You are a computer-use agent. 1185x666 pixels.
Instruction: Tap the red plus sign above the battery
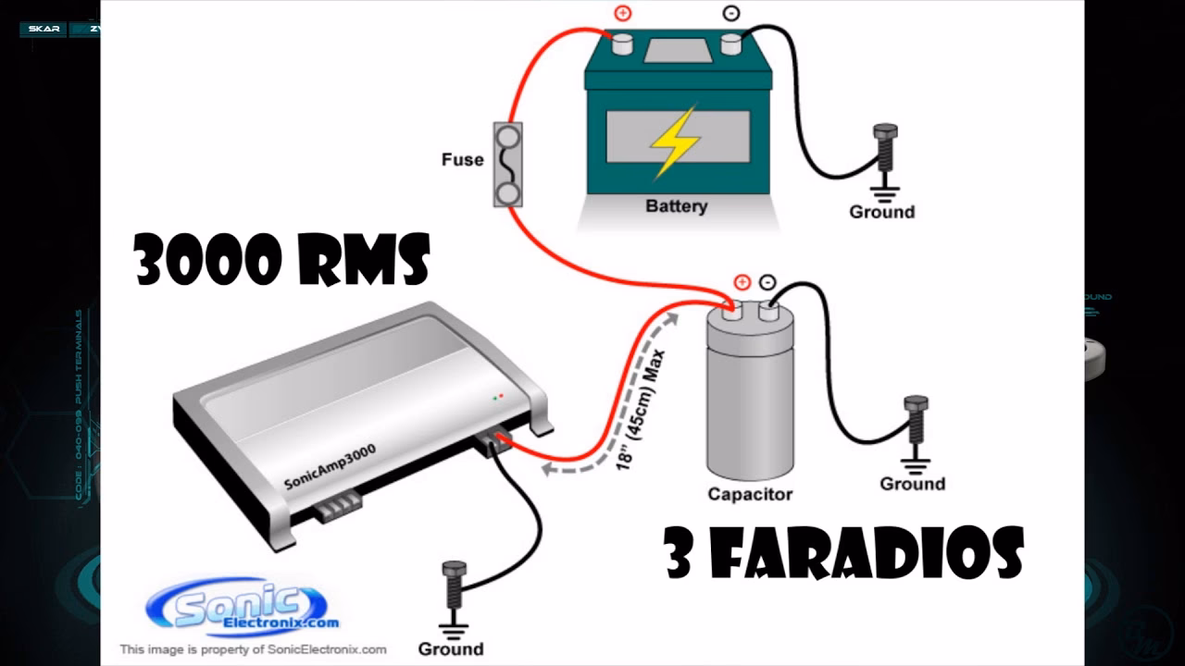pyautogui.click(x=621, y=14)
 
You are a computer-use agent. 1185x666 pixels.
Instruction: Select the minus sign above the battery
pyautogui.click(x=731, y=14)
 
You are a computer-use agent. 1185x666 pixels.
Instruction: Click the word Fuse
pyautogui.click(x=462, y=159)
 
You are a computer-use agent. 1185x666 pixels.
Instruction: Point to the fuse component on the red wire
pyautogui.click(x=507, y=164)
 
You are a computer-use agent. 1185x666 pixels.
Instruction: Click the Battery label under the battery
pyautogui.click(x=676, y=206)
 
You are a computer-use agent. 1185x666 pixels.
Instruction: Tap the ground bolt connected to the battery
pyautogui.click(x=884, y=148)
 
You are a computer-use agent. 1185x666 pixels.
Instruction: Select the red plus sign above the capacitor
pyautogui.click(x=742, y=282)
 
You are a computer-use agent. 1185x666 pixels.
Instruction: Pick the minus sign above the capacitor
pyautogui.click(x=767, y=282)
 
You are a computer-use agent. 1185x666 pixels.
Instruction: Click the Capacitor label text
pyautogui.click(x=750, y=494)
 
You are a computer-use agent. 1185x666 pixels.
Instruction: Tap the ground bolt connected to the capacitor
pyautogui.click(x=916, y=421)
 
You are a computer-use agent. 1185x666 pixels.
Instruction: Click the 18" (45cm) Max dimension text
pyautogui.click(x=642, y=407)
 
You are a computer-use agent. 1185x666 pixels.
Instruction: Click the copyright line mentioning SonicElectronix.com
pyautogui.click(x=253, y=649)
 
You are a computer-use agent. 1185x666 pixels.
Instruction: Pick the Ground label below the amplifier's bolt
pyautogui.click(x=451, y=648)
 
